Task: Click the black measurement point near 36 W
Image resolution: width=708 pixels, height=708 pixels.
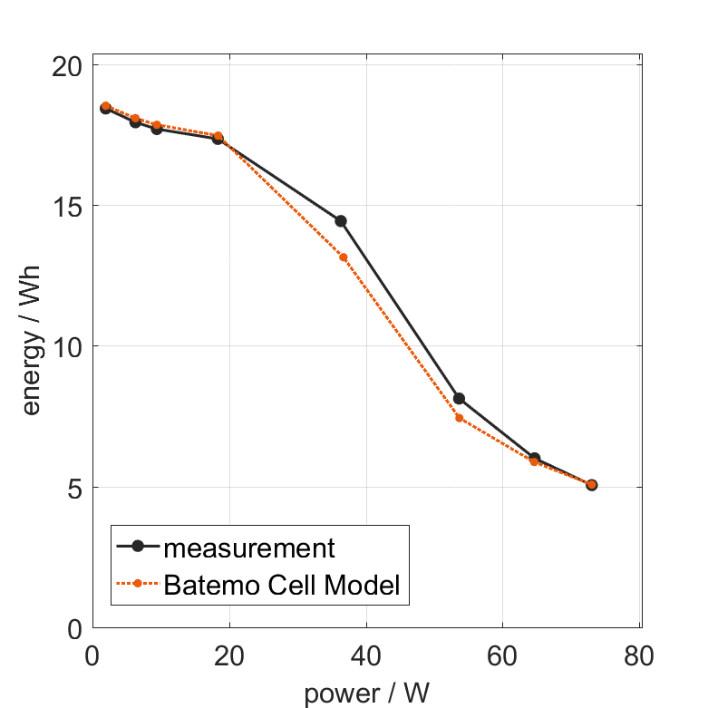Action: tap(341, 221)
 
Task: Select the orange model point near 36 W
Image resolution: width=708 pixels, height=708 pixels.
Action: tap(344, 257)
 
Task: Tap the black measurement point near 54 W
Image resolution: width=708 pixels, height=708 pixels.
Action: tap(459, 399)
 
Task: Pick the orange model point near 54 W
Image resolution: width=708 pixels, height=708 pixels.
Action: tap(460, 418)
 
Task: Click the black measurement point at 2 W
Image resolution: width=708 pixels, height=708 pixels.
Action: tap(105, 109)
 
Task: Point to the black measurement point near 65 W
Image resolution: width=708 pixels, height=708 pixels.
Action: tap(535, 459)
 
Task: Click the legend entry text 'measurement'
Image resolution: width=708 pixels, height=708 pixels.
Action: tap(249, 548)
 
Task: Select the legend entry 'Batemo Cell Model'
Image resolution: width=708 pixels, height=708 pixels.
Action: tap(282, 585)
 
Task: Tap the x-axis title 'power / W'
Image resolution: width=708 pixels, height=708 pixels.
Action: tap(366, 694)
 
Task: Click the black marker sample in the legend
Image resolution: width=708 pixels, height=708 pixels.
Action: tap(138, 546)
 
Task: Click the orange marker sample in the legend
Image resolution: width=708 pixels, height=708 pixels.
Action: tap(138, 584)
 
